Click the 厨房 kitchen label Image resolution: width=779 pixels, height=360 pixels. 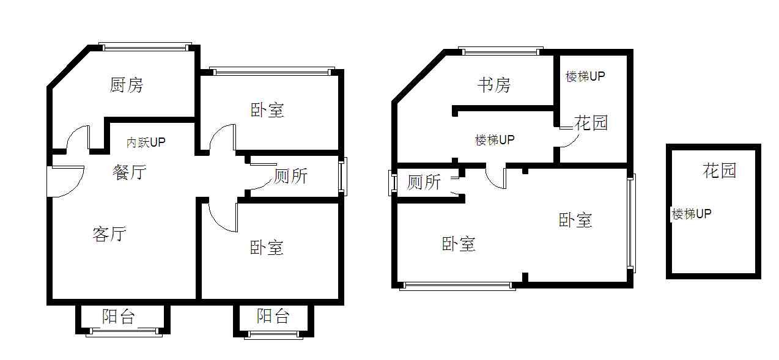[126, 85]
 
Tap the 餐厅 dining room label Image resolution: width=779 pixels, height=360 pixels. [130, 172]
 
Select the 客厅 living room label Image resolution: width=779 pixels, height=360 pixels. [109, 234]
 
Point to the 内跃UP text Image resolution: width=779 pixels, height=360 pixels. [146, 142]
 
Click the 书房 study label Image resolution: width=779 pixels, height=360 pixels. [494, 85]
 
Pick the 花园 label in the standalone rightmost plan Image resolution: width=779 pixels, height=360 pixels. [719, 171]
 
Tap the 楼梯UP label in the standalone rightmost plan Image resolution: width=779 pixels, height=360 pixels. [692, 214]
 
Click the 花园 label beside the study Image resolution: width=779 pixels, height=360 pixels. [591, 123]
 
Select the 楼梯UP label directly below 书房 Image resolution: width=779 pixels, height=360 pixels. [495, 140]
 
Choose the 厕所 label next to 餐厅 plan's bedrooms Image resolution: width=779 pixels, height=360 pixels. [290, 176]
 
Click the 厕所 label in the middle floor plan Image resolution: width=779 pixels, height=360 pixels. [424, 182]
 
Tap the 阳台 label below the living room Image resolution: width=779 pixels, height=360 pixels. [118, 317]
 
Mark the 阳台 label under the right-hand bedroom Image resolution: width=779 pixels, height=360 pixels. [273, 316]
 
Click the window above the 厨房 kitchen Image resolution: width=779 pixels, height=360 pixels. [145, 47]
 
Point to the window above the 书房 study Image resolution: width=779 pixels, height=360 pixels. [500, 51]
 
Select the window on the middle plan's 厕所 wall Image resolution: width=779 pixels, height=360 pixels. [393, 183]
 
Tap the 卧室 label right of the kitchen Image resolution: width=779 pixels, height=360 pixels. [267, 110]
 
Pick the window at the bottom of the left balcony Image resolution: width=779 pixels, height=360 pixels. [124, 332]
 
